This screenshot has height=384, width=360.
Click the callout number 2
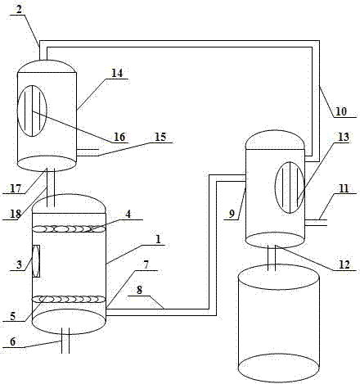pos(18,9)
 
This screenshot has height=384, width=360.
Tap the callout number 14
pos(117,73)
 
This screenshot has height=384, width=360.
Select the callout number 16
pos(119,137)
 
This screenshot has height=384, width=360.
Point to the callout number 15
pos(160,137)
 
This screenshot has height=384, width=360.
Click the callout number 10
pos(341,111)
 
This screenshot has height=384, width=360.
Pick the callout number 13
pos(344,137)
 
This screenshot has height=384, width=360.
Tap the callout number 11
pos(344,188)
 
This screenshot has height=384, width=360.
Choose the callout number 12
pos(344,264)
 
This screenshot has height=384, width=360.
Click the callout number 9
pos(232,214)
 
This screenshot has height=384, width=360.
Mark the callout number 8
pos(139,290)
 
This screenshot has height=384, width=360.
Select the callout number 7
pos(146,265)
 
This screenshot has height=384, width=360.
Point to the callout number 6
pos(13,341)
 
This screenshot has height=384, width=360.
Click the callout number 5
pos(13,316)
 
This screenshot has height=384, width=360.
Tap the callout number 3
pos(19,265)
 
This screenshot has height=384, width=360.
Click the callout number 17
pos(16,188)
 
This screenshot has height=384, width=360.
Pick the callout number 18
pos(16,214)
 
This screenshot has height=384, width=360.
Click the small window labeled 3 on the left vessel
pos(36,261)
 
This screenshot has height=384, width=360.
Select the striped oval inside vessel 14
pos(32,111)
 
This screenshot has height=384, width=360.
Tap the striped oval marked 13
pos(290,187)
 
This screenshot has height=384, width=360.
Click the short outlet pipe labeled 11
pos(316,223)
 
